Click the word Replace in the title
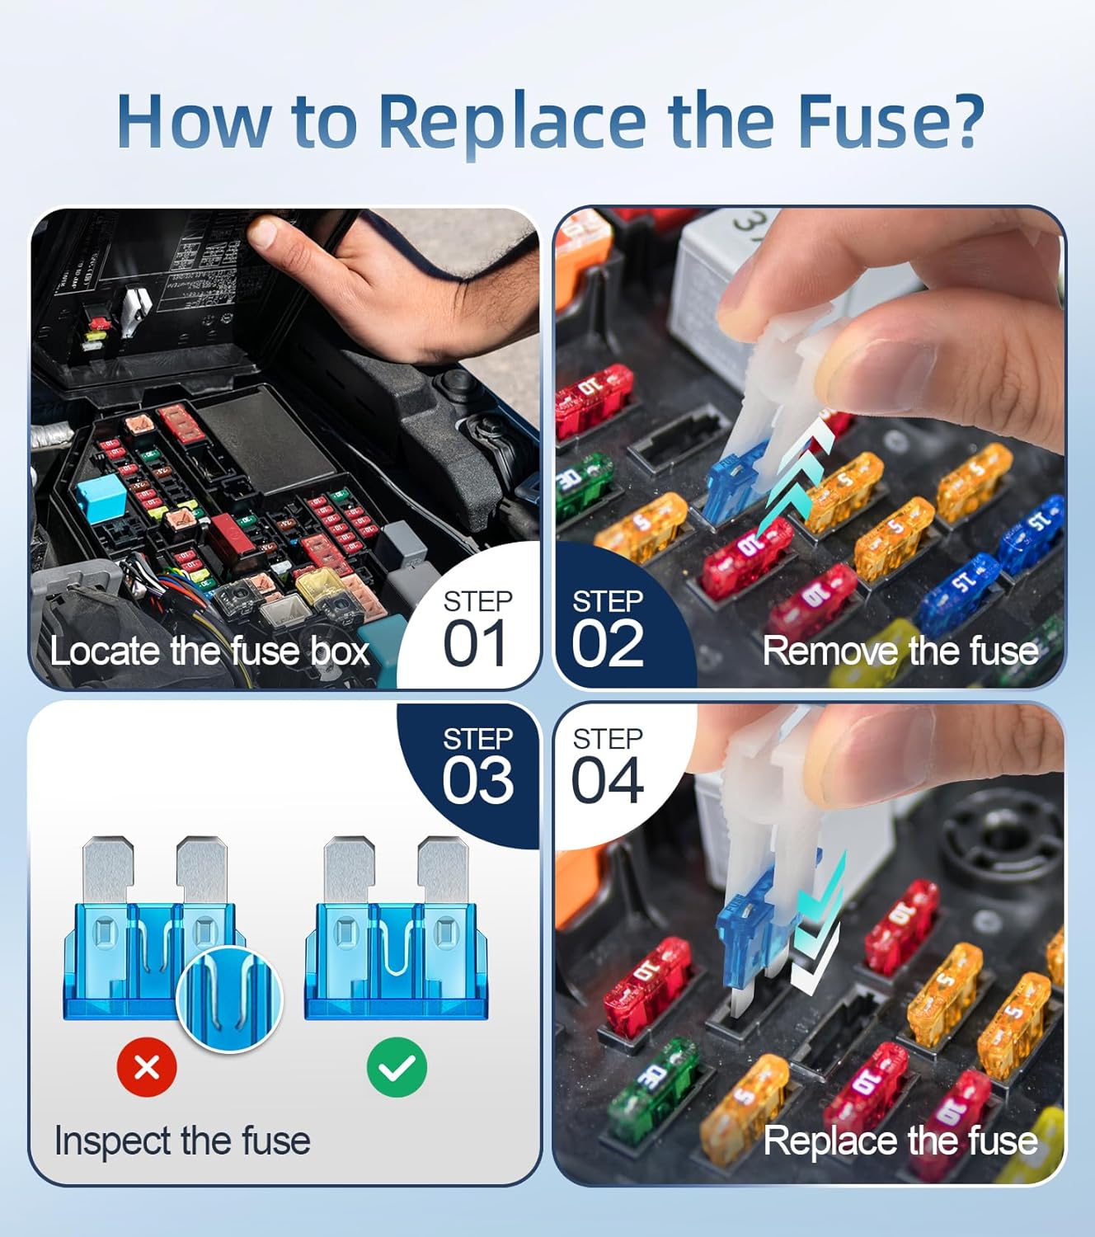pyautogui.click(x=511, y=121)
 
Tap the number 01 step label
pyautogui.click(x=475, y=645)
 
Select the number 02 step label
pyautogui.click(x=608, y=645)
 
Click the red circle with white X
pyautogui.click(x=147, y=1068)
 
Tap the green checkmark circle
pyautogui.click(x=397, y=1068)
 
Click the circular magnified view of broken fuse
pyautogui.click(x=230, y=999)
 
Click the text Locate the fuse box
pyautogui.click(x=209, y=651)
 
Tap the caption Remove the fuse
pyautogui.click(x=900, y=651)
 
